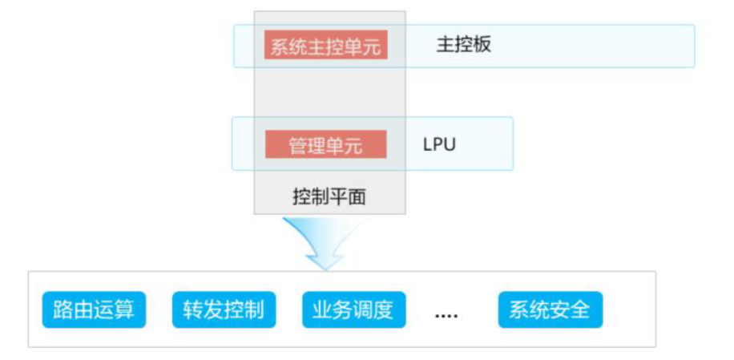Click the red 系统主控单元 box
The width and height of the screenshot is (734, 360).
click(x=326, y=46)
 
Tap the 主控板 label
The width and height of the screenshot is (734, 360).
click(x=463, y=45)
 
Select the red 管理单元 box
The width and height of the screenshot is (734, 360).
click(x=326, y=145)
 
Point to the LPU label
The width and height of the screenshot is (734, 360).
click(x=439, y=145)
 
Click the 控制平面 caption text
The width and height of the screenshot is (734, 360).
click(x=329, y=196)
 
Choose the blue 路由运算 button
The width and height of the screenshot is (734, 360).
click(x=94, y=309)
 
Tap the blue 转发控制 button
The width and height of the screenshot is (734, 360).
click(x=224, y=309)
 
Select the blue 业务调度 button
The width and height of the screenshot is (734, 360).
click(x=353, y=309)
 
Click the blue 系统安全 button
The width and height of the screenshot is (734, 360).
click(x=550, y=309)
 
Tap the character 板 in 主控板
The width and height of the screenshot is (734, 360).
click(x=482, y=45)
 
